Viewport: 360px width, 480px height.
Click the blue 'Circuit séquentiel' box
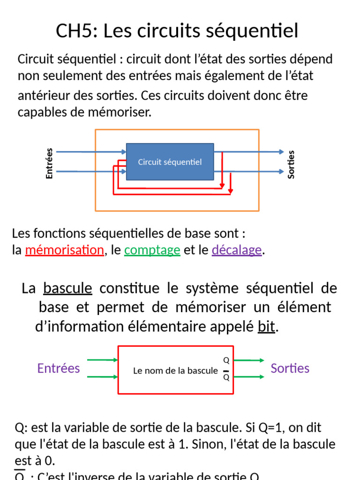(170, 162)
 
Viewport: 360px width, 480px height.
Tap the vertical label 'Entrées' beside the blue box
(49, 163)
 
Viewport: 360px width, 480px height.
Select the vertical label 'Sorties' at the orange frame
(291, 164)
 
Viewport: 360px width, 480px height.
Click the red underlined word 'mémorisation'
(64, 250)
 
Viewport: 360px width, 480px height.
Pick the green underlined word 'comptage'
(152, 250)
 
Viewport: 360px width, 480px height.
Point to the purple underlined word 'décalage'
(237, 250)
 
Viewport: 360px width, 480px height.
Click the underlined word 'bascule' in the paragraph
(67, 288)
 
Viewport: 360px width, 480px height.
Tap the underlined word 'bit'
(266, 327)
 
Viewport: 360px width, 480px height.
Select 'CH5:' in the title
(76, 31)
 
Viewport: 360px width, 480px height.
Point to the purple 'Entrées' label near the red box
(59, 368)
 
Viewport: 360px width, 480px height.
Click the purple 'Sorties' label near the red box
(290, 368)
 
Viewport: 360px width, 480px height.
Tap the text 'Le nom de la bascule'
(175, 371)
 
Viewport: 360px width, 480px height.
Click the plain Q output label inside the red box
(226, 360)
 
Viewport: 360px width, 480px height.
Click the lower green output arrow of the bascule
(249, 376)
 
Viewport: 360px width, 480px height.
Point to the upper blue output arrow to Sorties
(251, 152)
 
